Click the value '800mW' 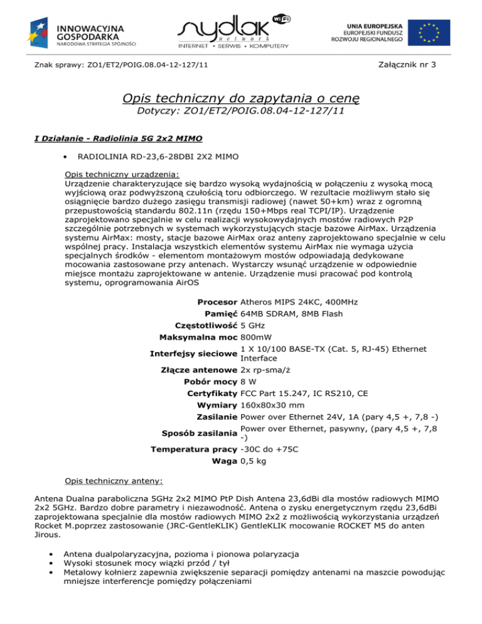(x=256, y=337)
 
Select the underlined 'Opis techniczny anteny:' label (x=114, y=483)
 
